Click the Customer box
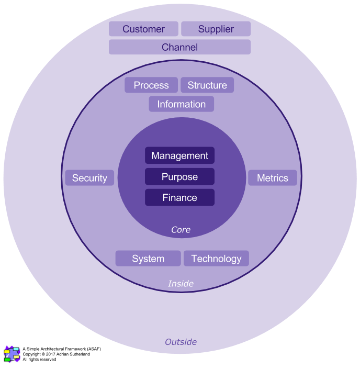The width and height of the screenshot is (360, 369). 143,29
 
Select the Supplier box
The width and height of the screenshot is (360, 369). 216,29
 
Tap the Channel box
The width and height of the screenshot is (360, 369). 179,47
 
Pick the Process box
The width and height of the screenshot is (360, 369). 151,85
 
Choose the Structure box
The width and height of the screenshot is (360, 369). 207,85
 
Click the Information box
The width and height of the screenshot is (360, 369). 181,104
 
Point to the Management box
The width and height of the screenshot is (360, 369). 179,155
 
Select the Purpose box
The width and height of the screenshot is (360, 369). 179,176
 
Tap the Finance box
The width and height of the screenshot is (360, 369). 179,197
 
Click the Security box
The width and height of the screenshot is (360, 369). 89,178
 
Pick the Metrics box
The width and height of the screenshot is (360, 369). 272,178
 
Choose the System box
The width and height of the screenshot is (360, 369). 148,259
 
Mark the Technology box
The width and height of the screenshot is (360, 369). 216,259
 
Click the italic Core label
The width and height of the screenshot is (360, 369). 181,230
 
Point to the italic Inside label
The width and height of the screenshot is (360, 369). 181,284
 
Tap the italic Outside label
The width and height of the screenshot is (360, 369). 181,342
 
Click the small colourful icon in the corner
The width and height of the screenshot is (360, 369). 12,354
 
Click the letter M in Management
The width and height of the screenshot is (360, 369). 155,155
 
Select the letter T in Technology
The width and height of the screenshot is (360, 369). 194,259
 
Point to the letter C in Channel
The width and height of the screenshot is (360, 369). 165,47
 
